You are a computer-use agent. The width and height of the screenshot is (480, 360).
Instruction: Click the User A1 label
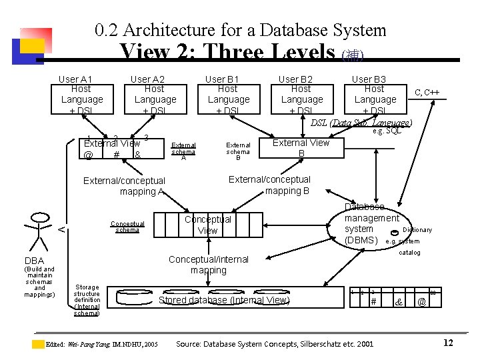click(75, 79)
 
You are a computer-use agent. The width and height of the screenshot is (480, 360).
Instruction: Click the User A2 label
click(148, 79)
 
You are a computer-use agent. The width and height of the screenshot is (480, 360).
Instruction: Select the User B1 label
click(221, 79)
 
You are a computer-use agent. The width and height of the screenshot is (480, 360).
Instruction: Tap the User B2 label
click(295, 79)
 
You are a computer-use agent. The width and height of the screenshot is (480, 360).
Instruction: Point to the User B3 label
click(369, 79)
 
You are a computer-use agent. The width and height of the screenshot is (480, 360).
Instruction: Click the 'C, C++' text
click(427, 92)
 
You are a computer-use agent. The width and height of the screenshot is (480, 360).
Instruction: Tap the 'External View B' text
click(301, 148)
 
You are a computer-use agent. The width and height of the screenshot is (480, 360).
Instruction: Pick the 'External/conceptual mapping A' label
click(124, 186)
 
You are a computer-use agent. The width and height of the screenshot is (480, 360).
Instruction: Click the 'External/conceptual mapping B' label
click(270, 185)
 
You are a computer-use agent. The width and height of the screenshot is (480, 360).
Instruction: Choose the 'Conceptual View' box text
click(208, 225)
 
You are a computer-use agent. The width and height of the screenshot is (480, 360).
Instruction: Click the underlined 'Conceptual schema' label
click(127, 227)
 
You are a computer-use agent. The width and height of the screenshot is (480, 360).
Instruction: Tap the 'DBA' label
click(34, 261)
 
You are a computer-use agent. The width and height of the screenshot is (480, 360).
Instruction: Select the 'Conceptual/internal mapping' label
click(209, 265)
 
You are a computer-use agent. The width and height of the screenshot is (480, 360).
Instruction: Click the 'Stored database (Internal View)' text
click(224, 300)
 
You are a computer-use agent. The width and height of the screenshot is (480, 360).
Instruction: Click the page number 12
click(448, 343)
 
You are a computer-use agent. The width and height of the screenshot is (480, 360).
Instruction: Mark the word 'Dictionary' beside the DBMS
click(417, 230)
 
